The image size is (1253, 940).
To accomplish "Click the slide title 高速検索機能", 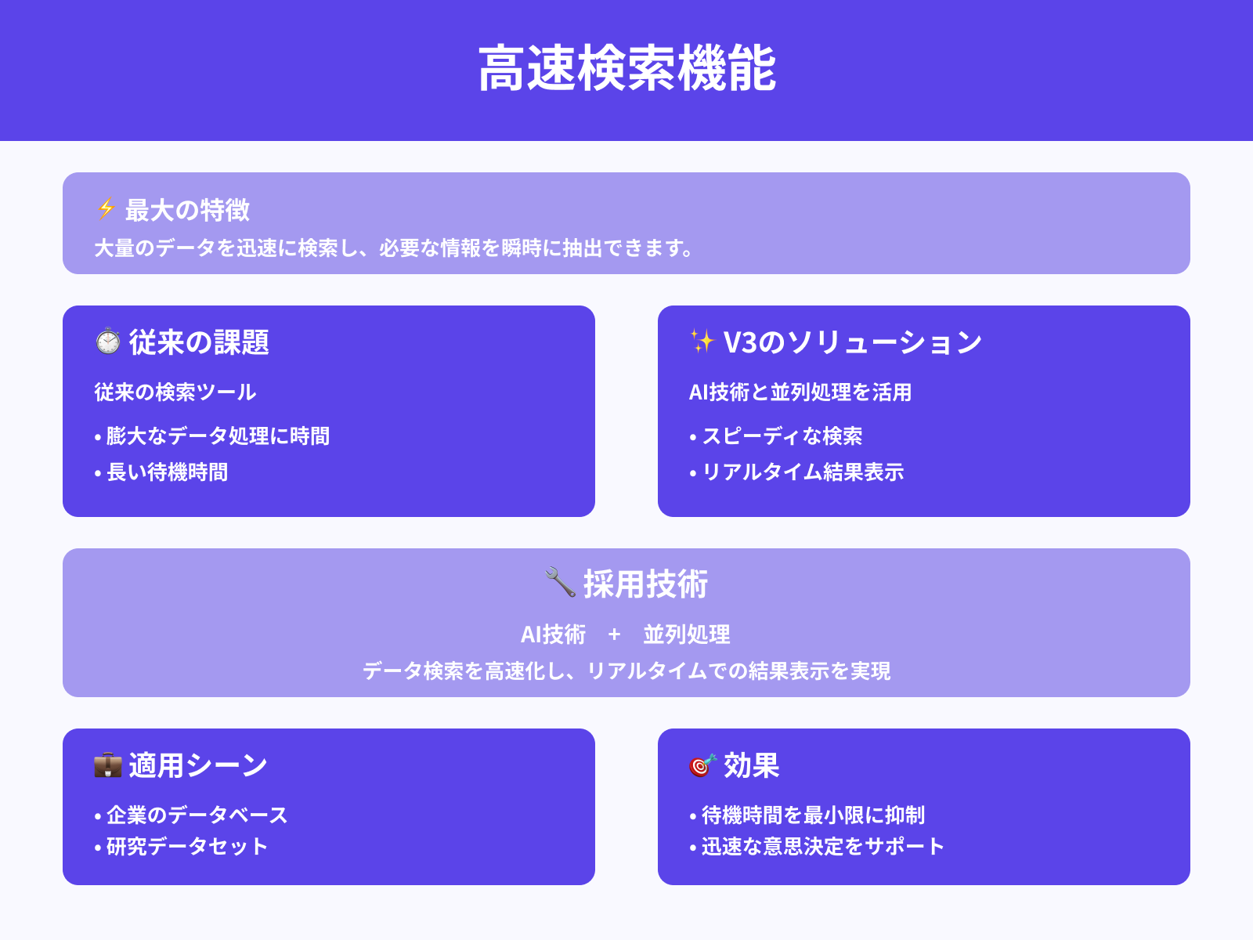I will pyautogui.click(x=626, y=69).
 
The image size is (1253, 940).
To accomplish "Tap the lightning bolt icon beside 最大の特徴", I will pyautogui.click(x=106, y=209).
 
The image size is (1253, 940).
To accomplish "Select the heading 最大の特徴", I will pyautogui.click(x=187, y=210).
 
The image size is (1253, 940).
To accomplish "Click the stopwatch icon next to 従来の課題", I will pyautogui.click(x=108, y=342).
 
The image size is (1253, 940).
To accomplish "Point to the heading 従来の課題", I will pyautogui.click(x=199, y=342).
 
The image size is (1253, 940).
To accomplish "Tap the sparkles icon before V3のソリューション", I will pyautogui.click(x=702, y=342).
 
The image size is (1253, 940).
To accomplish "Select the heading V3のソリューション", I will pyautogui.click(x=852, y=342).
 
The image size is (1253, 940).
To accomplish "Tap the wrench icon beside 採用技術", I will pyautogui.click(x=560, y=582).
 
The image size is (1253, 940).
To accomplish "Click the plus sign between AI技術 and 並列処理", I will pyautogui.click(x=614, y=634).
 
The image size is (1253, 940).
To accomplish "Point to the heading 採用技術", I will pyautogui.click(x=645, y=584).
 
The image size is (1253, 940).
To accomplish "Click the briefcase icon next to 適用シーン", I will pyautogui.click(x=108, y=765).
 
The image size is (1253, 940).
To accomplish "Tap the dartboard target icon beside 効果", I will pyautogui.click(x=702, y=765).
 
